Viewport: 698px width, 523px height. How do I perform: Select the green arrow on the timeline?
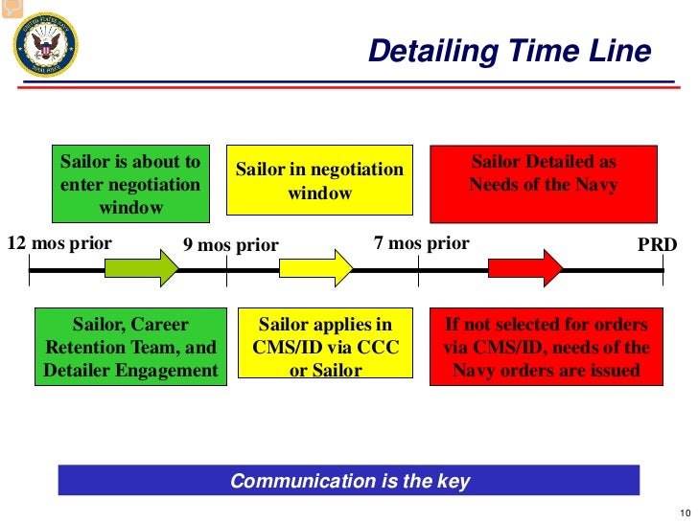(x=142, y=267)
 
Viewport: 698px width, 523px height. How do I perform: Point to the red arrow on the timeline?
(x=525, y=267)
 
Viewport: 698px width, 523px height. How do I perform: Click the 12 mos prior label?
(x=59, y=243)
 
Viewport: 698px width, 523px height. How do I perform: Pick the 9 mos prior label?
(x=230, y=245)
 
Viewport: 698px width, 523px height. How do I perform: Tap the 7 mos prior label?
(x=422, y=243)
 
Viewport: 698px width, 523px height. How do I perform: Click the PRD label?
(x=658, y=244)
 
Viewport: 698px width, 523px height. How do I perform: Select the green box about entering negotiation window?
(x=130, y=184)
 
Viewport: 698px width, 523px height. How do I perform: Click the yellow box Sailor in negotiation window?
(x=320, y=180)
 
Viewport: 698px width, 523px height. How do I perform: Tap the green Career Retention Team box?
(x=131, y=347)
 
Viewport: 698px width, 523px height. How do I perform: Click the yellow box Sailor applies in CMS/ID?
(x=326, y=347)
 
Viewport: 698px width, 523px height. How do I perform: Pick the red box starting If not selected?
(x=546, y=347)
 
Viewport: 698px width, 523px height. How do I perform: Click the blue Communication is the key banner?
(x=349, y=481)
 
